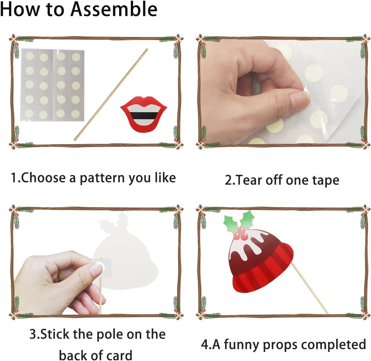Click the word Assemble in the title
point(114,9)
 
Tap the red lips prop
point(144,114)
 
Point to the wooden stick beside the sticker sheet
point(111,95)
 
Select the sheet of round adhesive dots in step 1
point(52,85)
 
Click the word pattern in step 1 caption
point(102,178)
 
